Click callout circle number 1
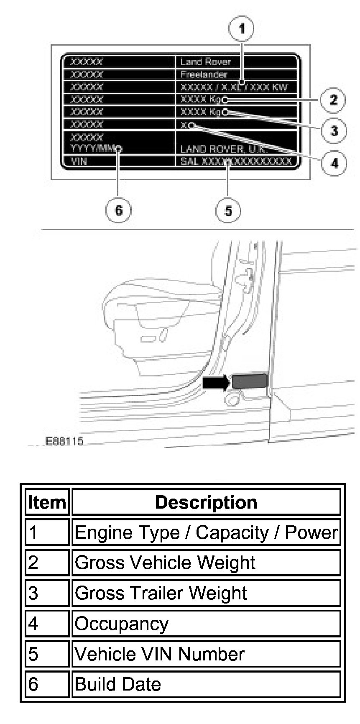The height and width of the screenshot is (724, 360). tap(242, 28)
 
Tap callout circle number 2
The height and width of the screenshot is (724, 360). tap(333, 100)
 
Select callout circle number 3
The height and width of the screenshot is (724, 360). tap(334, 130)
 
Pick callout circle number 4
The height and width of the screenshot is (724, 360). tap(334, 163)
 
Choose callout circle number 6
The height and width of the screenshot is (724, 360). tap(119, 210)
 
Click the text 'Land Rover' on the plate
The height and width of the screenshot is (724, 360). tap(205, 62)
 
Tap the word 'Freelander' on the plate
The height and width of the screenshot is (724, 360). tap(204, 75)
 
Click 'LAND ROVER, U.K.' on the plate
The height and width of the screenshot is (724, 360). tap(223, 149)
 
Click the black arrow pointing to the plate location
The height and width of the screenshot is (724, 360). tap(216, 382)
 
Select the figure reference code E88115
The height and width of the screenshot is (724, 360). tap(64, 441)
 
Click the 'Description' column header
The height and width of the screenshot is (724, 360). tap(206, 502)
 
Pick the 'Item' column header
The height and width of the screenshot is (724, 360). tap(47, 502)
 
